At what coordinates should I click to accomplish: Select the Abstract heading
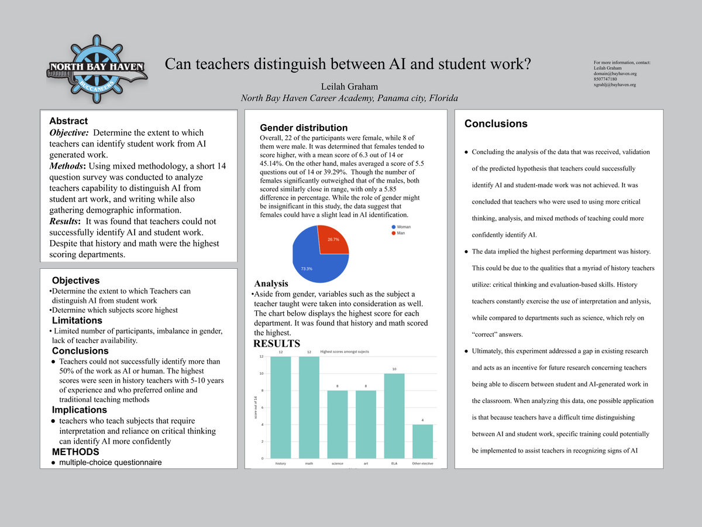click(68, 121)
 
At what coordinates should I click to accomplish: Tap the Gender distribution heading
click(303, 128)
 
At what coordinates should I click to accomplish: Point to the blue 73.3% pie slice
click(313, 258)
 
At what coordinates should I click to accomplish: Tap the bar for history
click(280, 407)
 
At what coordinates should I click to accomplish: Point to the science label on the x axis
click(337, 464)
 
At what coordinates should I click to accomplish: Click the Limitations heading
click(77, 320)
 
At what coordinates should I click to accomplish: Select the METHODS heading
click(75, 451)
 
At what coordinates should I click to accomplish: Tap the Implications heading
click(79, 409)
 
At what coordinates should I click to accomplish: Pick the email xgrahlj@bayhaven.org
click(614, 85)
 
